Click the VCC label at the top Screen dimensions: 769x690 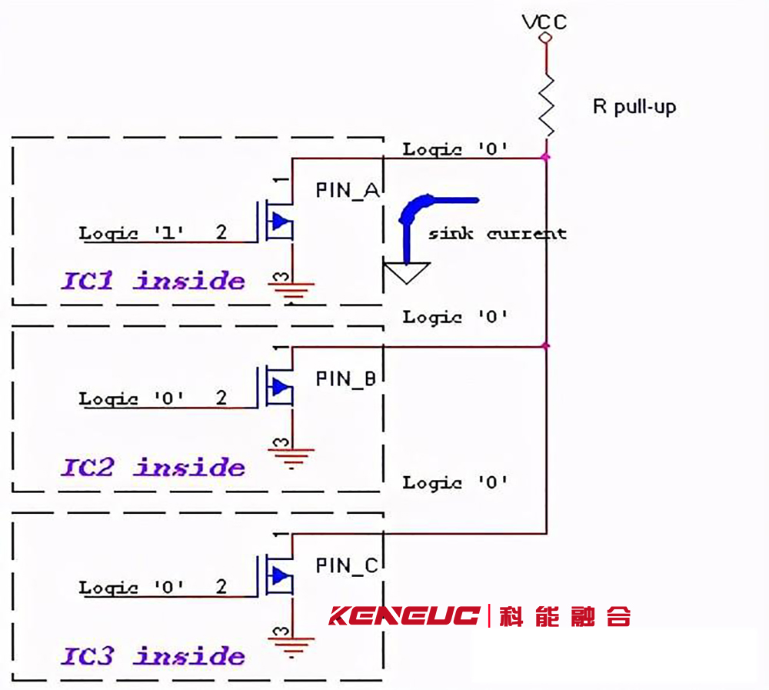544,22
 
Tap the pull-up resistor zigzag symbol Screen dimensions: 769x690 546,105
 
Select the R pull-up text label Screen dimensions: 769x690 634,106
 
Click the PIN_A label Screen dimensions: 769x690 348,191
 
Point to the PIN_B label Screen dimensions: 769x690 346,379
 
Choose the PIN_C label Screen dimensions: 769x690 347,565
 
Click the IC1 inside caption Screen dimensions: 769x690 153,281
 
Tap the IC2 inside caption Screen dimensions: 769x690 153,467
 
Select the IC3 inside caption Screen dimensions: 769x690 153,655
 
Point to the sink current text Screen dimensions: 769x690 498,234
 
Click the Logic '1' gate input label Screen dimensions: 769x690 131,232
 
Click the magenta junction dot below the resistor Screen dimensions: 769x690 546,157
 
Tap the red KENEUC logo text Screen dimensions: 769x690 404,615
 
